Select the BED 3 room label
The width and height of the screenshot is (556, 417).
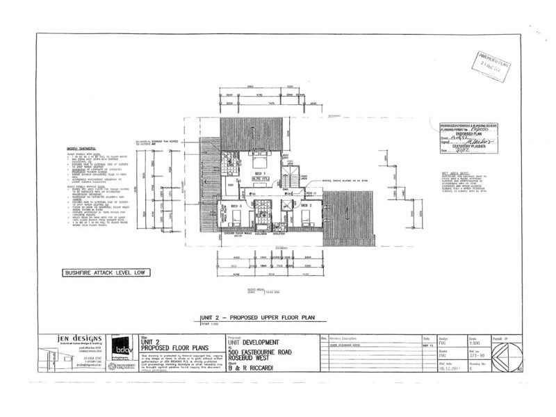click(236, 206)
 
